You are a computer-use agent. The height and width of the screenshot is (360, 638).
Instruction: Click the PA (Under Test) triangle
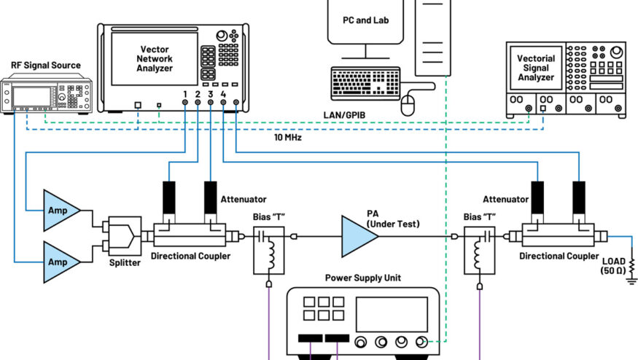[x=357, y=235]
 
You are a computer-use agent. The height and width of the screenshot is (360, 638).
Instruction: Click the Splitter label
[x=124, y=262]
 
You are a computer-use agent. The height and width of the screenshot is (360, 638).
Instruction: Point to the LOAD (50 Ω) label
[x=612, y=265]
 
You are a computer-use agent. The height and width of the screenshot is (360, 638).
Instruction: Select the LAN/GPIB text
[x=346, y=115]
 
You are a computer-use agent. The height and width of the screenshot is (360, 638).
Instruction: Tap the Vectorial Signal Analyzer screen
[x=535, y=68]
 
